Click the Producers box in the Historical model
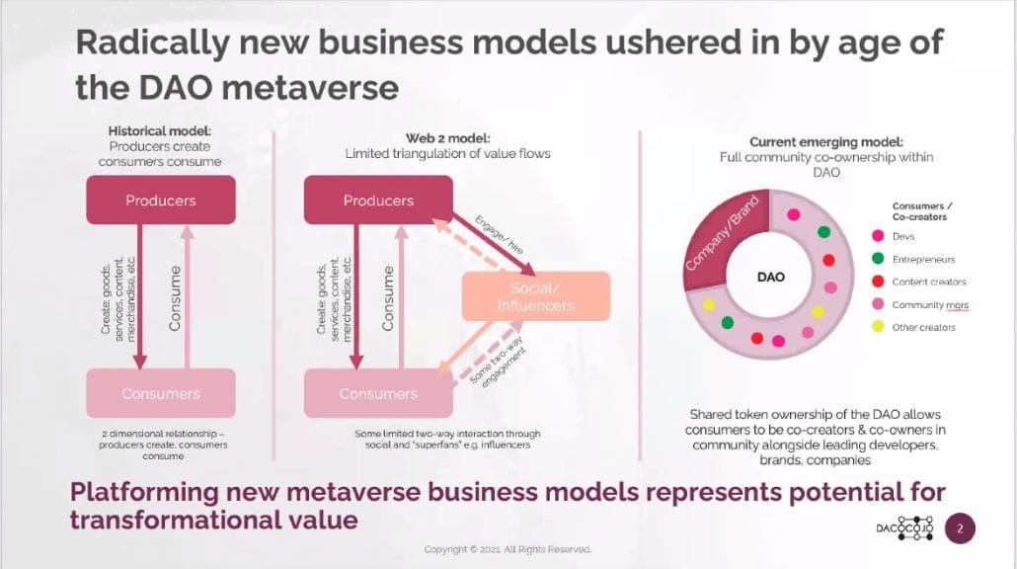pyautogui.click(x=161, y=201)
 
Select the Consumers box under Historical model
pyautogui.click(x=161, y=393)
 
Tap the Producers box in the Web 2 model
pyautogui.click(x=379, y=201)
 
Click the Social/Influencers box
pyautogui.click(x=536, y=296)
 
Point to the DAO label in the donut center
pyautogui.click(x=770, y=277)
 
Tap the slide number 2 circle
pyautogui.click(x=960, y=528)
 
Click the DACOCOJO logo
pyautogui.click(x=905, y=528)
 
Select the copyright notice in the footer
pyautogui.click(x=508, y=549)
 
